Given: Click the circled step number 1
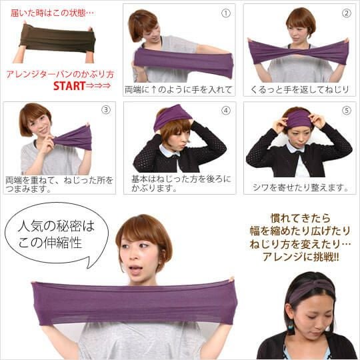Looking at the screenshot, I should [225, 13].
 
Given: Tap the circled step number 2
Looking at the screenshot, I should [345, 13].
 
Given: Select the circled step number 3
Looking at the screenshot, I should [105, 111].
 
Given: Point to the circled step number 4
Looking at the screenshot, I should [225, 111].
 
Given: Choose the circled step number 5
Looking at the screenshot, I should [345, 111].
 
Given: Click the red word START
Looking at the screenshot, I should [69, 86].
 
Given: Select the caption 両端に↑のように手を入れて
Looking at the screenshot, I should [179, 89].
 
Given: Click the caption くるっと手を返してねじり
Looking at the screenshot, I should [299, 89].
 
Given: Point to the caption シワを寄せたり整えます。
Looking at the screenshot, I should [300, 187].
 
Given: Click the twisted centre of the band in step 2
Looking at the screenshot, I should [298, 51].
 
